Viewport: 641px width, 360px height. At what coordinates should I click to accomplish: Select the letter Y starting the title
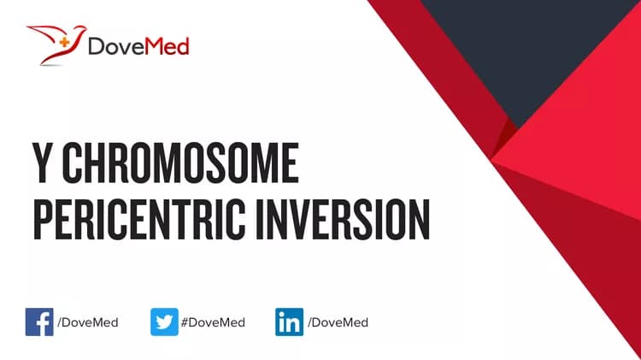[x=45, y=165]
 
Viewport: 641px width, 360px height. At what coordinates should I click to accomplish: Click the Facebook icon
[x=39, y=322]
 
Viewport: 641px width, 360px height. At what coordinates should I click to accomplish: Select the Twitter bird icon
[x=164, y=322]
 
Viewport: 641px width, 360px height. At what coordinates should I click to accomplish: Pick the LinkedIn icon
[x=288, y=322]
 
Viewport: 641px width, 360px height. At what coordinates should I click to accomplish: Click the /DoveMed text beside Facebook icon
[x=87, y=323]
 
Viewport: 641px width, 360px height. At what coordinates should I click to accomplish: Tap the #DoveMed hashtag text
[x=212, y=323]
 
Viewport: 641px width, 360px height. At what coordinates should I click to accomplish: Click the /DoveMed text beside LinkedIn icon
[x=337, y=323]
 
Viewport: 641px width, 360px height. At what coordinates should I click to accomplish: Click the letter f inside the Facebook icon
[x=41, y=324]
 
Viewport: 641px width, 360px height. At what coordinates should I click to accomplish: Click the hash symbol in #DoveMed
[x=184, y=323]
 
